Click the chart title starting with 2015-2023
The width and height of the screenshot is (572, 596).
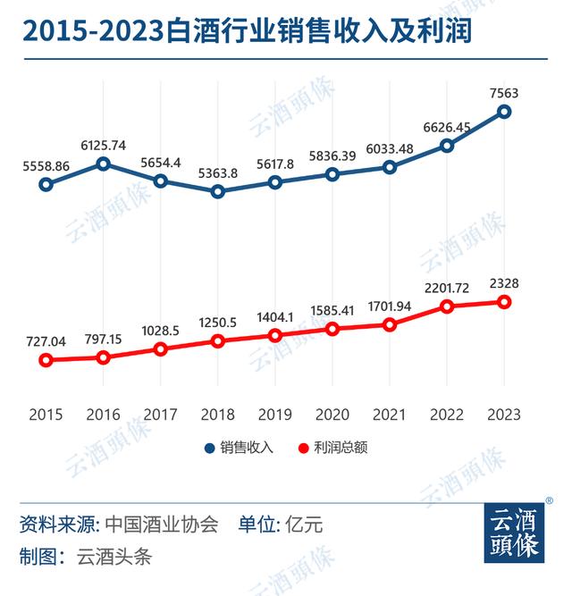click(x=247, y=31)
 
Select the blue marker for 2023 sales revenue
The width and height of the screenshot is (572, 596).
click(x=504, y=112)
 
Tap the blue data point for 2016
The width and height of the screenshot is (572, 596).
click(x=104, y=164)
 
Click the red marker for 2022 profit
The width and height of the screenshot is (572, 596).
click(x=447, y=306)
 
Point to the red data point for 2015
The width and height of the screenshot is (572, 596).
click(x=46, y=360)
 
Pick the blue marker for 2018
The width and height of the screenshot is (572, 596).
click(x=218, y=190)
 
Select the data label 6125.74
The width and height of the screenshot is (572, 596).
click(x=104, y=144)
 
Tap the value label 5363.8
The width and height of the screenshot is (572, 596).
click(x=218, y=172)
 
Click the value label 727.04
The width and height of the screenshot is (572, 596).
click(x=46, y=340)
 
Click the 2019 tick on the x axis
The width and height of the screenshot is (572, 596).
click(x=275, y=415)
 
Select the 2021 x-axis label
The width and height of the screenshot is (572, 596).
click(x=390, y=415)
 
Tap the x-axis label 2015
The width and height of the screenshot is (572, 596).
click(x=46, y=415)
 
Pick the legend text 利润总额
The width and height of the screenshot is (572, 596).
click(x=340, y=448)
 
